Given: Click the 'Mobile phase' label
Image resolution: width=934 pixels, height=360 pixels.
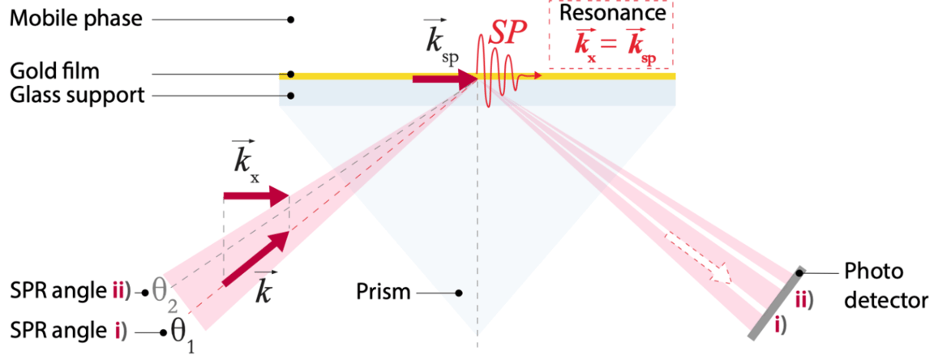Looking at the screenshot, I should tap(75, 19).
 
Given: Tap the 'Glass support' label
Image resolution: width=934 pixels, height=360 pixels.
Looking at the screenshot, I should tap(76, 96).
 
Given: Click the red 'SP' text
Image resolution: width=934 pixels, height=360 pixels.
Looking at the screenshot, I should tap(508, 33).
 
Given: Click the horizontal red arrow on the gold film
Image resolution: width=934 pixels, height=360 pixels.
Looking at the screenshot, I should tap(444, 79).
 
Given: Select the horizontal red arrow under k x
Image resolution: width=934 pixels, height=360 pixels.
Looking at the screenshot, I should tap(255, 195).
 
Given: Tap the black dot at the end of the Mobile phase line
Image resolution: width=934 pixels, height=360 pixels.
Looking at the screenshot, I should tap(290, 19).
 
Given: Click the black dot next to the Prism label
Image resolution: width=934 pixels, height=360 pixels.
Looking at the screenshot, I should tap(458, 293).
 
